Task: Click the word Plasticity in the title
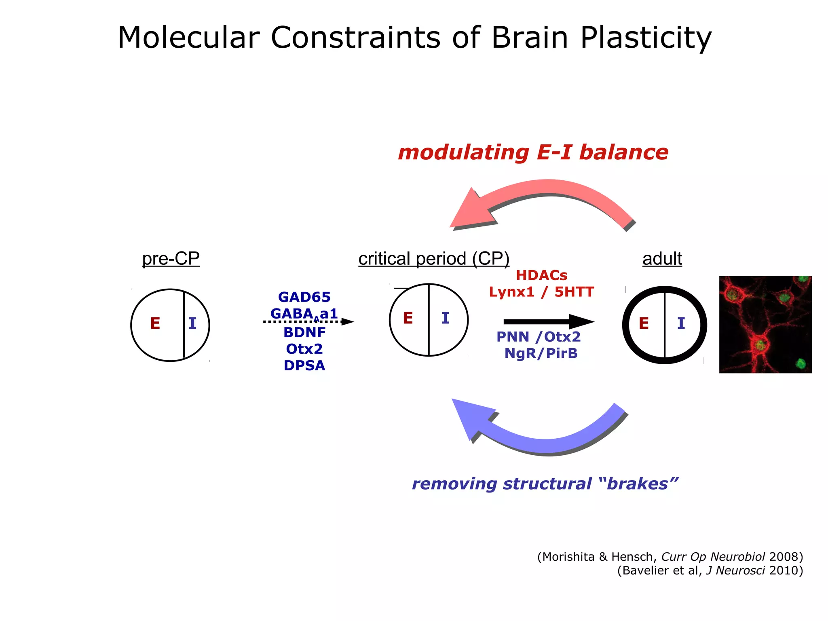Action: (x=646, y=38)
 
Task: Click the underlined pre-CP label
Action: (x=171, y=258)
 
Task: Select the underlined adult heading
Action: (x=662, y=258)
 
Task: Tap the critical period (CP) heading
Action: (x=433, y=258)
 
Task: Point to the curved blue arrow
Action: (x=542, y=441)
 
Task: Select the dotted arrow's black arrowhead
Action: (x=347, y=322)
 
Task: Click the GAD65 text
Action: (x=304, y=297)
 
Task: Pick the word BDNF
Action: (x=304, y=332)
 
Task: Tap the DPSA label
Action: (x=304, y=365)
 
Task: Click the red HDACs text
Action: (x=541, y=275)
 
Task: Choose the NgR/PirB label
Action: (x=541, y=353)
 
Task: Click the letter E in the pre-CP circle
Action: (x=155, y=323)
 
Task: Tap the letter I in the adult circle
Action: (x=681, y=323)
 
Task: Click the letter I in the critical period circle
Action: (x=445, y=318)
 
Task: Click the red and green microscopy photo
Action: (x=765, y=324)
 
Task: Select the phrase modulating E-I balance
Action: (x=533, y=153)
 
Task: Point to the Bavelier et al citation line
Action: (x=710, y=570)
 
